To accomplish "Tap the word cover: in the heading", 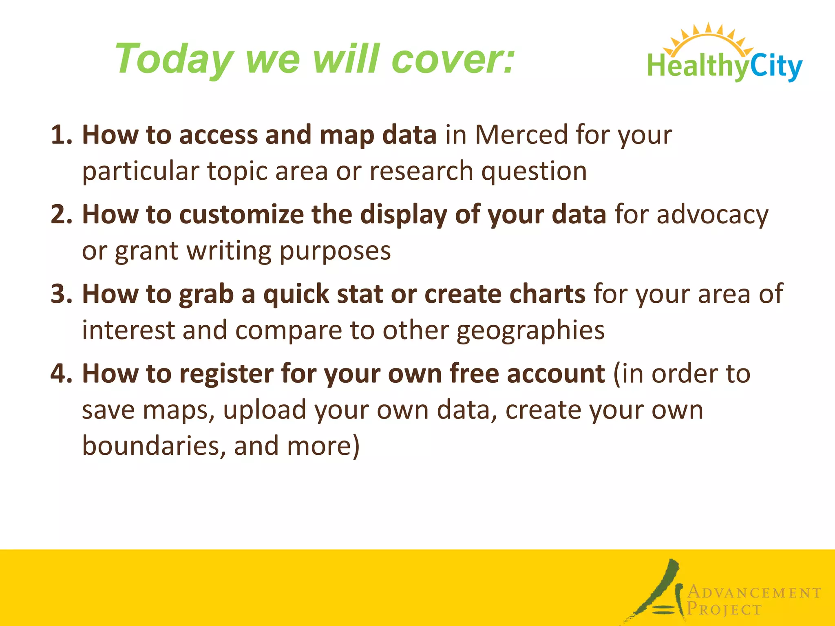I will [453, 60].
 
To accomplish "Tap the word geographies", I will [530, 331].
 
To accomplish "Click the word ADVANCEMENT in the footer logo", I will [754, 593].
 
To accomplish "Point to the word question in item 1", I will [534, 171].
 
